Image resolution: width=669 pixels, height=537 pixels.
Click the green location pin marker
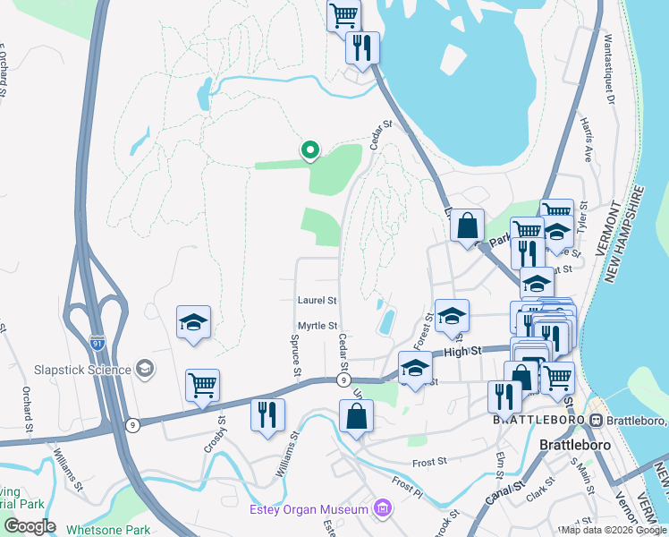309,150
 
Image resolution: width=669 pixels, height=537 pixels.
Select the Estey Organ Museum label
309,509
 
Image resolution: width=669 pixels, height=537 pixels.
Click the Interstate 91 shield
97,341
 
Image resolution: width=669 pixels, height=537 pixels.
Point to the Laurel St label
318,300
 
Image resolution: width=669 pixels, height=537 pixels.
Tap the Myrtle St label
318,326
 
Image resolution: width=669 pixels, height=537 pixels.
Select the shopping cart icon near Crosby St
202,385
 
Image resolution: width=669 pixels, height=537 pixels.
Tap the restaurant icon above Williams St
267,413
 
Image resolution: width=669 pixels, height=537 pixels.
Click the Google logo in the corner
30,526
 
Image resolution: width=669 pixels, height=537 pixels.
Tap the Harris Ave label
588,139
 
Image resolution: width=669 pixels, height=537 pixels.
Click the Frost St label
429,462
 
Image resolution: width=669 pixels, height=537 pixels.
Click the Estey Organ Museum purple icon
384,509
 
